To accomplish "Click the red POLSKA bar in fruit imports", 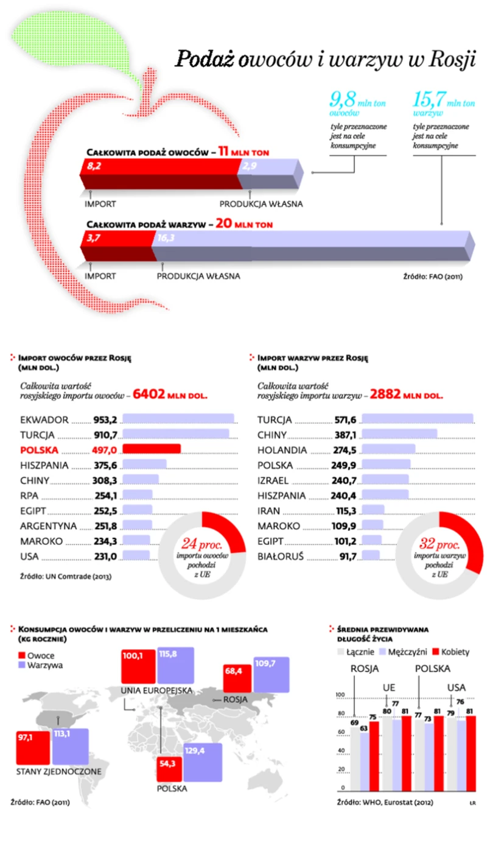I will tap(152, 449).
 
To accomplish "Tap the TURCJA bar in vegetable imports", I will tap(418, 420).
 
